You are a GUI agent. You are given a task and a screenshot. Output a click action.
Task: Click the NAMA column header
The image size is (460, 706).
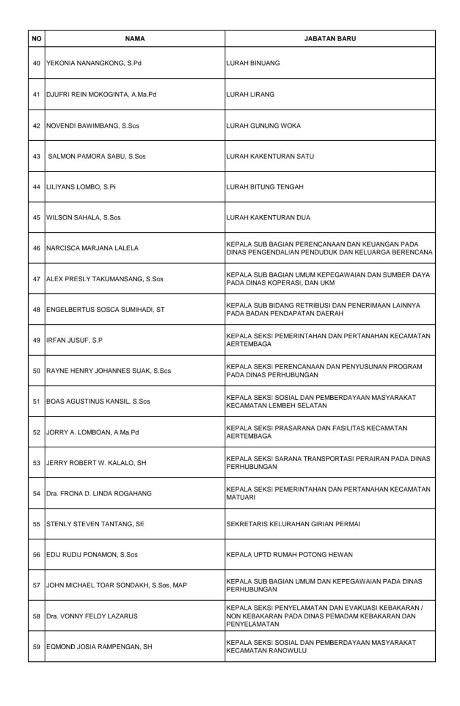pos(135,39)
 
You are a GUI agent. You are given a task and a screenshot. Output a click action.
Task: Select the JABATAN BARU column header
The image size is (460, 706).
pos(330,39)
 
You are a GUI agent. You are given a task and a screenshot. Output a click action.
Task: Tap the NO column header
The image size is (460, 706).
pos(36,39)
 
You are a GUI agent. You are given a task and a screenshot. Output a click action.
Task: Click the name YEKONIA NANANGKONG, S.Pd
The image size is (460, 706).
pos(94,63)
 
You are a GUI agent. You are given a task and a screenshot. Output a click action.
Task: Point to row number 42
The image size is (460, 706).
pos(36,126)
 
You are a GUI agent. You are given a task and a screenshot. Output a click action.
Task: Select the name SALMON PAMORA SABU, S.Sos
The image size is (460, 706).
pos(97,157)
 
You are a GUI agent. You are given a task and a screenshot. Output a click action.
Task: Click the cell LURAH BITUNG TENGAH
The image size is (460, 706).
pos(265,187)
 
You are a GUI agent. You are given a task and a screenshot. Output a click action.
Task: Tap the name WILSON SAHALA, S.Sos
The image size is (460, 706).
pos(83,217)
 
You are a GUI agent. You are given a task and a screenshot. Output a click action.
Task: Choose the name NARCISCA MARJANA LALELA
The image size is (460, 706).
pos(92,248)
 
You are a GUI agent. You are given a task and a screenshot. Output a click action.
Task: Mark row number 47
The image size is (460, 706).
pos(36,279)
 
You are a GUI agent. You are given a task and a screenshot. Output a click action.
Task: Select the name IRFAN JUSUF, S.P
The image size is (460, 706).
pos(74,340)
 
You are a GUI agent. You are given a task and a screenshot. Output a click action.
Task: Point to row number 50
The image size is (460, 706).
pos(36,371)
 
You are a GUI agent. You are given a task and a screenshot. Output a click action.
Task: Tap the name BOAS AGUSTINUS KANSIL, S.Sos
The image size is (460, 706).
pos(98,402)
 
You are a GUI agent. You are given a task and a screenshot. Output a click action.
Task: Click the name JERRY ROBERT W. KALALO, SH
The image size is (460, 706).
pos(96,463)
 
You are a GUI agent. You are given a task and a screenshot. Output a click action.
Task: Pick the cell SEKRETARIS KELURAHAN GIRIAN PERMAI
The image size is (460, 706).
pos(293,524)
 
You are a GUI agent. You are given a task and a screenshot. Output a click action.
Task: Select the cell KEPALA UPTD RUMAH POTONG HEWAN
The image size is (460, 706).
pos(289,554)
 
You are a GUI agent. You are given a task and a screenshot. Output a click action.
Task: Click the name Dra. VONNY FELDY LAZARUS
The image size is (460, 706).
pos(92,616)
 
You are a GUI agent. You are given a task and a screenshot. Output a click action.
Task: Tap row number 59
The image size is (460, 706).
pos(36,646)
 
